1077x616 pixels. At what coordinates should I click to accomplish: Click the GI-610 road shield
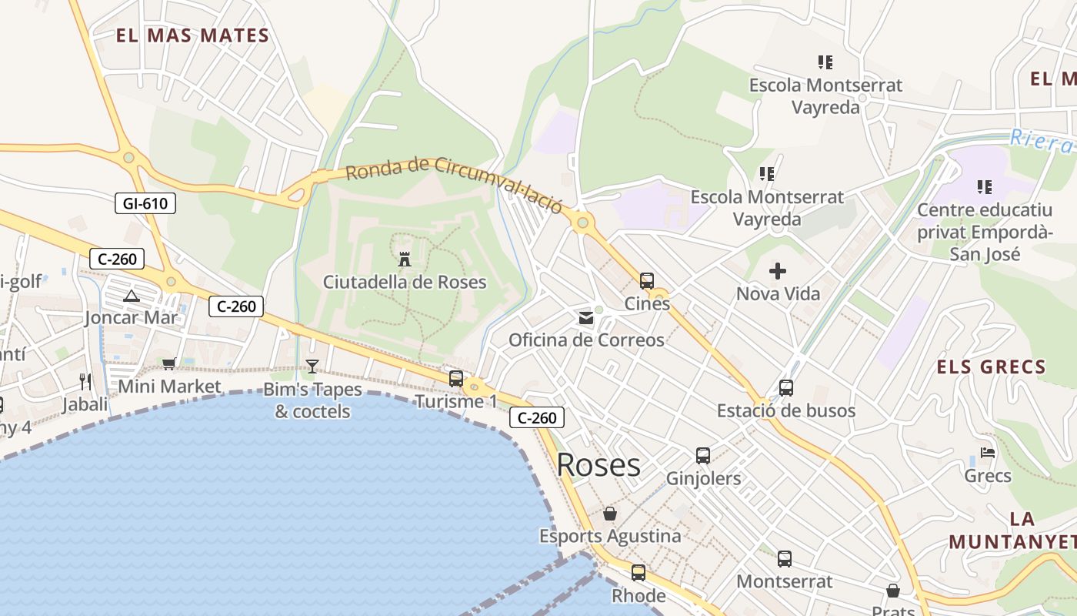coord(145,203)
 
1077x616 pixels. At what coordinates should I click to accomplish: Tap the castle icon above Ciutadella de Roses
coord(405,259)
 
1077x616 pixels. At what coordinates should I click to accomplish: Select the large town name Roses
coord(598,465)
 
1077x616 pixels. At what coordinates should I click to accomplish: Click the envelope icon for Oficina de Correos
coord(586,318)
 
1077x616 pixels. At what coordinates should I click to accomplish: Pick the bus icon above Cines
coord(647,281)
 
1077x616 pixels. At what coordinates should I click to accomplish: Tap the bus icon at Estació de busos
coord(785,388)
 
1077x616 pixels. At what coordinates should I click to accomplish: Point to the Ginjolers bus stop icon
coord(703,456)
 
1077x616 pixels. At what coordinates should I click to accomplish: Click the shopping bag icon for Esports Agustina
coord(610,514)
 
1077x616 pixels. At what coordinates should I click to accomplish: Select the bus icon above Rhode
coord(639,573)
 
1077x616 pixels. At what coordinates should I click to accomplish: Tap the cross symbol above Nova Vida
coord(778,271)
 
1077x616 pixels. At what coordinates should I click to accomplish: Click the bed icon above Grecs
coord(988,454)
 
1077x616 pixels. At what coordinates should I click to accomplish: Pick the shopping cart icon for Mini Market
coord(169,363)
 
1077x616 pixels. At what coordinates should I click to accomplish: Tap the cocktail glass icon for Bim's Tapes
coord(312,366)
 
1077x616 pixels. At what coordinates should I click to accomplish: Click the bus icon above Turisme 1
coord(456,379)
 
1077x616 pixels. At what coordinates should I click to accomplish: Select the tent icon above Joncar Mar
coord(132,296)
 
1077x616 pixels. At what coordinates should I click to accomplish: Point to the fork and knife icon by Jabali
coord(85,381)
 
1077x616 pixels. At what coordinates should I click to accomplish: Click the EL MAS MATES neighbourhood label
coord(192,35)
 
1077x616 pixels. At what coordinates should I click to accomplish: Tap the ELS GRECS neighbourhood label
coord(991,367)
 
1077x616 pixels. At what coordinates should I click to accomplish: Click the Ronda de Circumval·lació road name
coord(454,180)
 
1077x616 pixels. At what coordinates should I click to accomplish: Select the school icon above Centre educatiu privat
coord(984,187)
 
